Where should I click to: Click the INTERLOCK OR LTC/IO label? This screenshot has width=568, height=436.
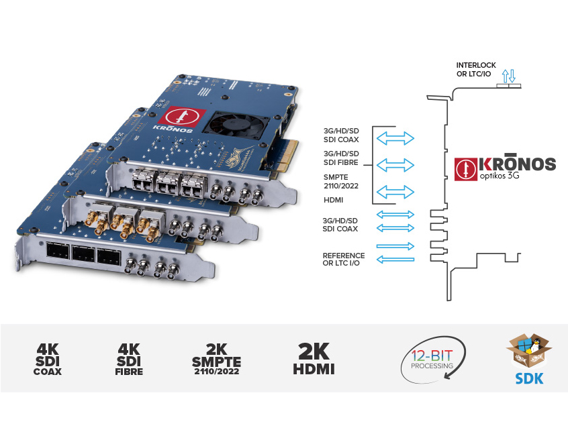click(x=476, y=69)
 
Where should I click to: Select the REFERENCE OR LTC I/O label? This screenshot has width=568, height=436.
click(x=344, y=260)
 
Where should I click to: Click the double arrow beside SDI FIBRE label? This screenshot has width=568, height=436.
click(x=395, y=164)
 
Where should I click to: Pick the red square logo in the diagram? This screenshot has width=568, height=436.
click(x=464, y=168)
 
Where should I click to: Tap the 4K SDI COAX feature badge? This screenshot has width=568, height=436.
click(x=47, y=359)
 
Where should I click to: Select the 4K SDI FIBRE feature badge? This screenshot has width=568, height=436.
click(x=129, y=359)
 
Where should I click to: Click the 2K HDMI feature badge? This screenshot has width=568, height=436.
click(x=313, y=359)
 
